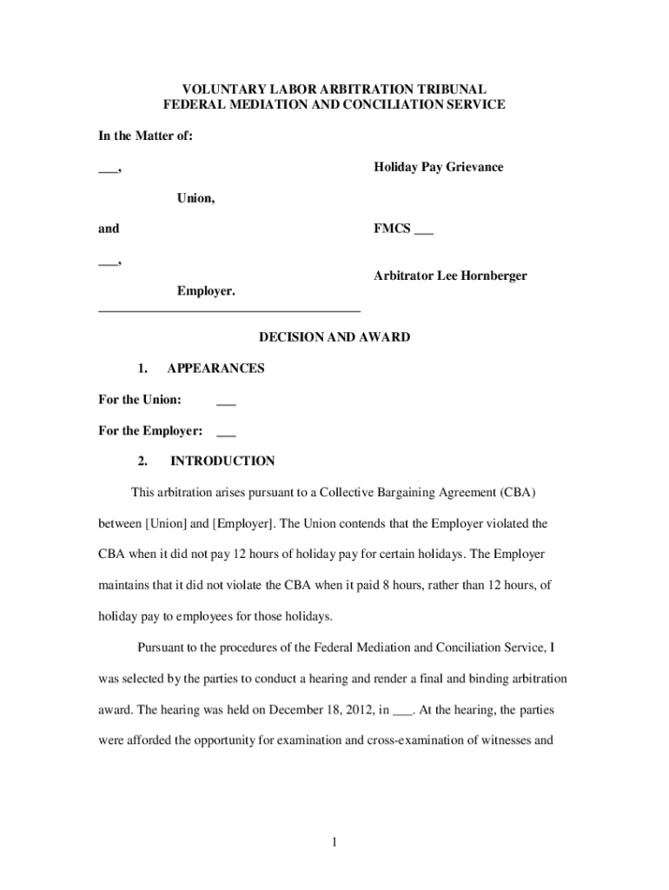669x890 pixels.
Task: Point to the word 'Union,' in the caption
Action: [x=196, y=198]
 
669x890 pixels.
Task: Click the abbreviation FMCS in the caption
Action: [x=392, y=229]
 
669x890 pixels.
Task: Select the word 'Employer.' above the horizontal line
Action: [x=206, y=291]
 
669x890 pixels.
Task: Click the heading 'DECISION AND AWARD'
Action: [x=334, y=336]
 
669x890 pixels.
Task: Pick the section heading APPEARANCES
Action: [x=215, y=368]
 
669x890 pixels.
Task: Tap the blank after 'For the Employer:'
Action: [x=226, y=430]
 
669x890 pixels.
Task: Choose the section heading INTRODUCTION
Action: [x=222, y=462]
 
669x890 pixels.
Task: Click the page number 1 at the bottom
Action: [x=334, y=841]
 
